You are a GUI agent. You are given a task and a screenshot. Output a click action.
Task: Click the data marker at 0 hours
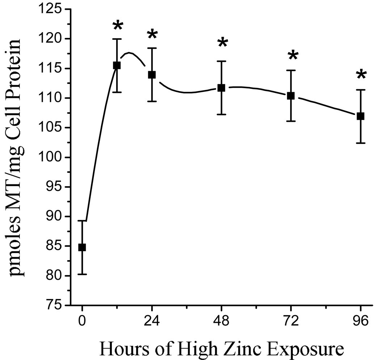pyautogui.click(x=82, y=248)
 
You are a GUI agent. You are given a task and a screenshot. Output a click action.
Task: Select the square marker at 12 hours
pyautogui.click(x=117, y=65)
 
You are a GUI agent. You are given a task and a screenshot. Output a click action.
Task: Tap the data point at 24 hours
pyautogui.click(x=152, y=75)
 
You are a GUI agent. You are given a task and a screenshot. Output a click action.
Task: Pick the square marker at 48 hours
pyautogui.click(x=221, y=88)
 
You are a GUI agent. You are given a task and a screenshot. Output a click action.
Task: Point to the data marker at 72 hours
pyautogui.click(x=291, y=96)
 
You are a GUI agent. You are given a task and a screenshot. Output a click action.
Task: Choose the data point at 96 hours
pyautogui.click(x=360, y=116)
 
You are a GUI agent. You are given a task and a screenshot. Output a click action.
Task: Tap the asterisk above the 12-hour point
pyautogui.click(x=118, y=26)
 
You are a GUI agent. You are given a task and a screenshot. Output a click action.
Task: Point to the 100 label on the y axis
pyautogui.click(x=52, y=158)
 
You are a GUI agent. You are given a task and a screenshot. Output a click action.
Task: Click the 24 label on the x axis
pyautogui.click(x=152, y=321)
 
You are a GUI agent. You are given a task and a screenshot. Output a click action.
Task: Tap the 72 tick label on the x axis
pyautogui.click(x=291, y=321)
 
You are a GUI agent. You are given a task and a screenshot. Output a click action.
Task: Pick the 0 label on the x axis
pyautogui.click(x=82, y=321)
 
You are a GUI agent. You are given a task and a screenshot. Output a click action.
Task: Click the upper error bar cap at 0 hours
pyautogui.click(x=82, y=220)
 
